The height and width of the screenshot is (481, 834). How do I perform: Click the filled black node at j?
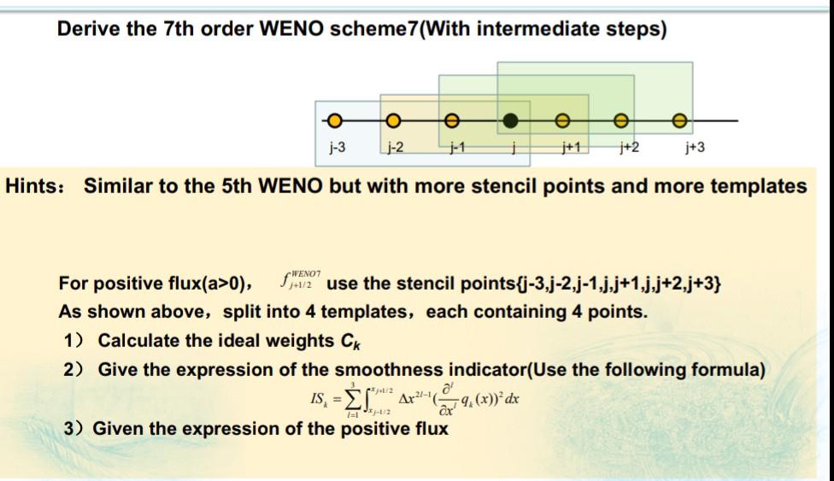(509, 120)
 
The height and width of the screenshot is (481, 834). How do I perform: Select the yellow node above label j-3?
(336, 120)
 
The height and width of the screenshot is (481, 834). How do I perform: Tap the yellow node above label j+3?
(679, 120)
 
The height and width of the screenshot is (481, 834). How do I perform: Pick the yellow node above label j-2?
(393, 120)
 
